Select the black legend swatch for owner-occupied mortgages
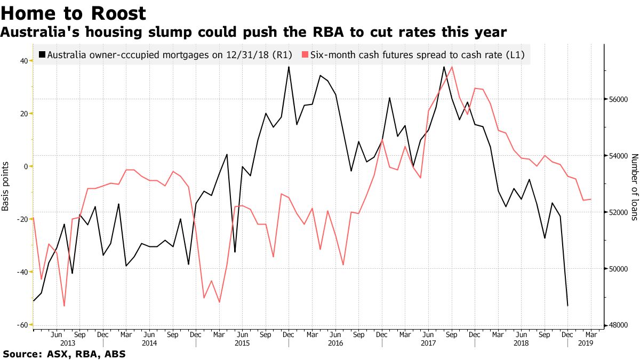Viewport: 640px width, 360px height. (x=43, y=54)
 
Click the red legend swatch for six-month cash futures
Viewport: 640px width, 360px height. (x=305, y=54)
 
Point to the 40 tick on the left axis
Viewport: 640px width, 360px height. (x=23, y=61)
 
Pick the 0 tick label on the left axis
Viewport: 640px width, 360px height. (x=25, y=166)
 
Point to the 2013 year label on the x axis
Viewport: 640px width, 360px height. (x=68, y=343)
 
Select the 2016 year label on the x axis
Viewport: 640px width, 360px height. (x=335, y=343)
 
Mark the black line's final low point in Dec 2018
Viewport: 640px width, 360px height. (x=567, y=306)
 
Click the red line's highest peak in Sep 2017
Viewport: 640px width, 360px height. (x=452, y=67)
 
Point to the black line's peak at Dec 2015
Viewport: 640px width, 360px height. (x=289, y=67)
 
